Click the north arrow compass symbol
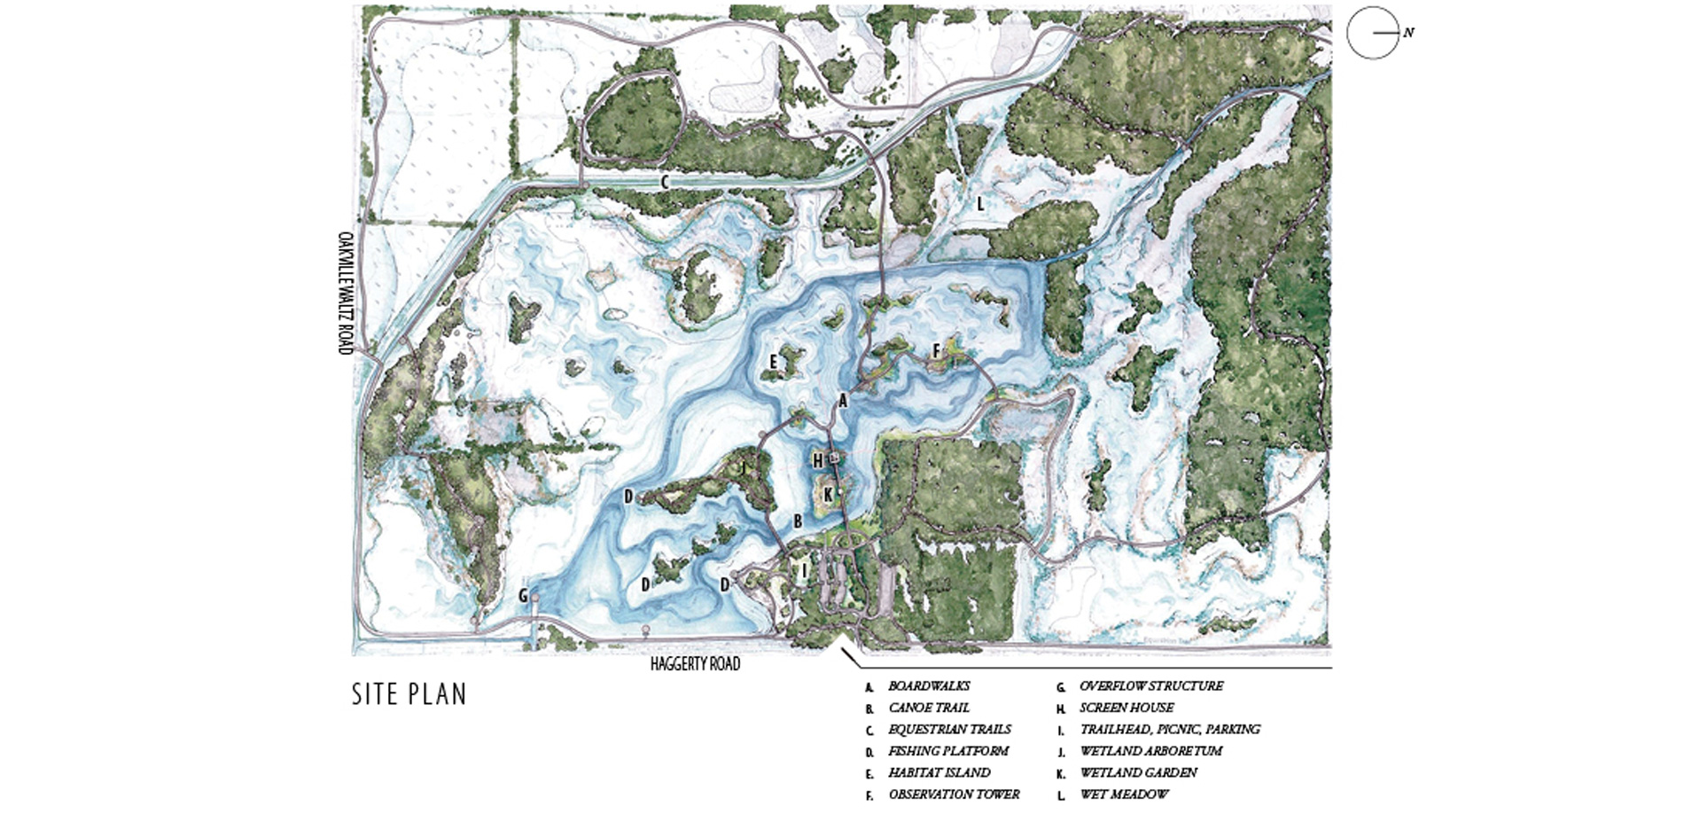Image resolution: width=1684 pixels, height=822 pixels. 1373,33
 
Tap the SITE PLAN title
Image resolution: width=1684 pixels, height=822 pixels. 409,694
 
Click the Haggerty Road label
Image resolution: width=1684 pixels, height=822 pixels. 695,664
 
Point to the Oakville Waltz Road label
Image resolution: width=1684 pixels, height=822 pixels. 346,294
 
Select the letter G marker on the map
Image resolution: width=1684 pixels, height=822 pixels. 524,595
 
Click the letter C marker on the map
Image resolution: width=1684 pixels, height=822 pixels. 664,182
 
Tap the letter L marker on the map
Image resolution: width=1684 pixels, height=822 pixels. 980,204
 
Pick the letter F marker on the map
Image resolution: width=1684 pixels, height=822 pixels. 937,351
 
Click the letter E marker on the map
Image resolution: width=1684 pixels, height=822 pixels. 773,362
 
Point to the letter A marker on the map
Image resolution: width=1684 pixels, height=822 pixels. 843,402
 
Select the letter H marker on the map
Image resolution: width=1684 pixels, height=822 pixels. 818,460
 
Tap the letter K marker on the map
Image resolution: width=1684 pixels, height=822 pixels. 828,495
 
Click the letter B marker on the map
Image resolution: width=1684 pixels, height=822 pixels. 798,521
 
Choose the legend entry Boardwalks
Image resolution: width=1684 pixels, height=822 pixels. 928,686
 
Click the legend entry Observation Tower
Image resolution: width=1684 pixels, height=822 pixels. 953,795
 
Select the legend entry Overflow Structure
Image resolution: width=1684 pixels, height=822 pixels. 1150,686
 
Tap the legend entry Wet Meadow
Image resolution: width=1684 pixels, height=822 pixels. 1123,795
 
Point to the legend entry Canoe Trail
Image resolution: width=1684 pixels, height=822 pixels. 928,708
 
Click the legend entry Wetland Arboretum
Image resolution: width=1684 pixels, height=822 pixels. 1150,751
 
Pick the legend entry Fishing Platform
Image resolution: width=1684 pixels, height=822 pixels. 947,751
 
